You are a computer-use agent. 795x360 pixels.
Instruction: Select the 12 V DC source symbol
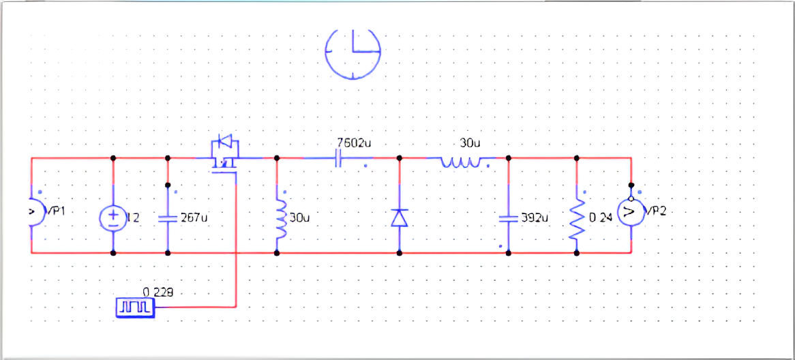click(112, 217)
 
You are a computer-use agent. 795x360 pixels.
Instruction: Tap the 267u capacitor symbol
click(168, 218)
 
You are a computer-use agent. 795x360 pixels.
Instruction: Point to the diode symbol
click(400, 217)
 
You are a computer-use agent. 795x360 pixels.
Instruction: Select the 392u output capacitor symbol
click(509, 218)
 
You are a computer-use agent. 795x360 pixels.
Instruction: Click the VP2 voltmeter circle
click(631, 214)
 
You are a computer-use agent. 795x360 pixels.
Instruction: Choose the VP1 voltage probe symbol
click(35, 212)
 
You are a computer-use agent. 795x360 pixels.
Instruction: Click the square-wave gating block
click(136, 308)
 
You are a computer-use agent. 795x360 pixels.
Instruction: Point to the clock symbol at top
click(352, 52)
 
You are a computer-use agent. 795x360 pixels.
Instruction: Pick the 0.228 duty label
click(157, 292)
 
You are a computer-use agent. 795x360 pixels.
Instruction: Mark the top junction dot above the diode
click(400, 157)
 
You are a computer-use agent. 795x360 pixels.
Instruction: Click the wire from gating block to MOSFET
click(236, 273)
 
